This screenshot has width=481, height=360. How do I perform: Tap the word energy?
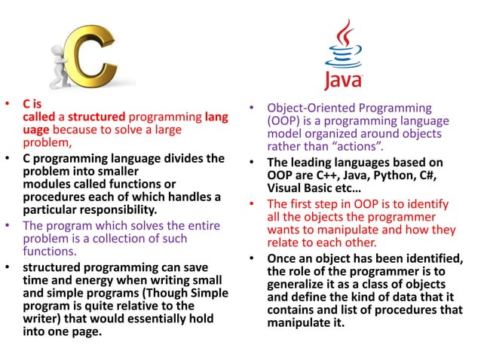click(x=81, y=281)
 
